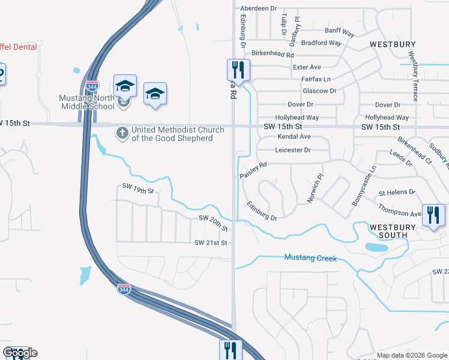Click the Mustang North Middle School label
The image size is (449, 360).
click(86, 102)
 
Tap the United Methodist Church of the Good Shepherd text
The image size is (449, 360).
click(177, 134)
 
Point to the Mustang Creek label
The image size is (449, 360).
click(310, 259)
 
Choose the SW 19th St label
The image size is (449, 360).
click(138, 190)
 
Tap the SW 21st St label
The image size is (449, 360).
click(211, 243)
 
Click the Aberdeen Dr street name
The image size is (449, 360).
click(258, 9)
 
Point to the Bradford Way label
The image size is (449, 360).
click(321, 43)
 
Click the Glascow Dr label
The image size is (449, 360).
click(319, 91)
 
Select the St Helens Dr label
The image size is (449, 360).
click(397, 193)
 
